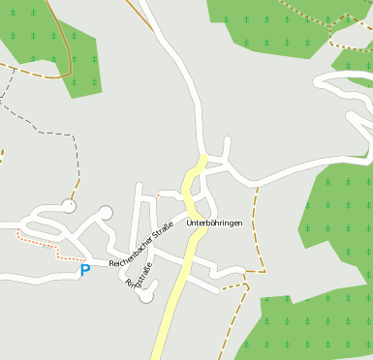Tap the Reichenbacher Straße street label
pos(140,245)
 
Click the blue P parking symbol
pos(84,271)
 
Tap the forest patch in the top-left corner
pos(48,39)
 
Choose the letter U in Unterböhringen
pos(189,224)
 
